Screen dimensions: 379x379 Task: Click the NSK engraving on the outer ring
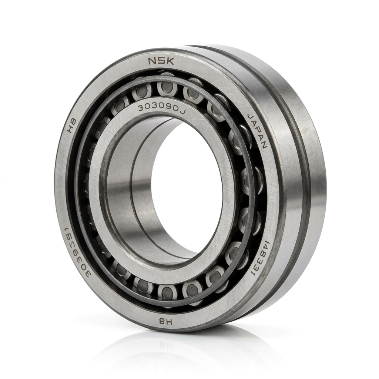coord(161,61)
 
